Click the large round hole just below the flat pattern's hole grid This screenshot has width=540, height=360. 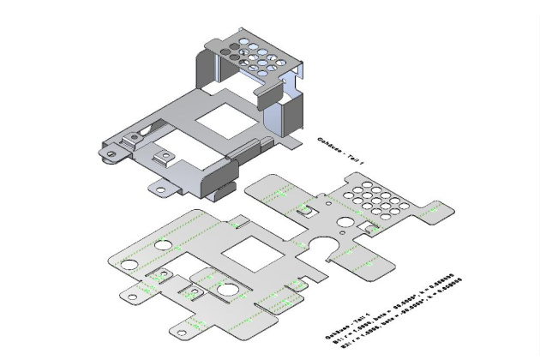click(345, 222)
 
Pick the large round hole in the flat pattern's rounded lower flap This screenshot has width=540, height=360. click(227, 289)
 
